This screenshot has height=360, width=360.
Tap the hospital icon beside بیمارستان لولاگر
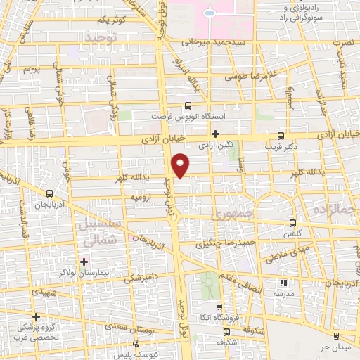(x=84, y=261)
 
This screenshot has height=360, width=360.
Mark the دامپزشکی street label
(x=143, y=278)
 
